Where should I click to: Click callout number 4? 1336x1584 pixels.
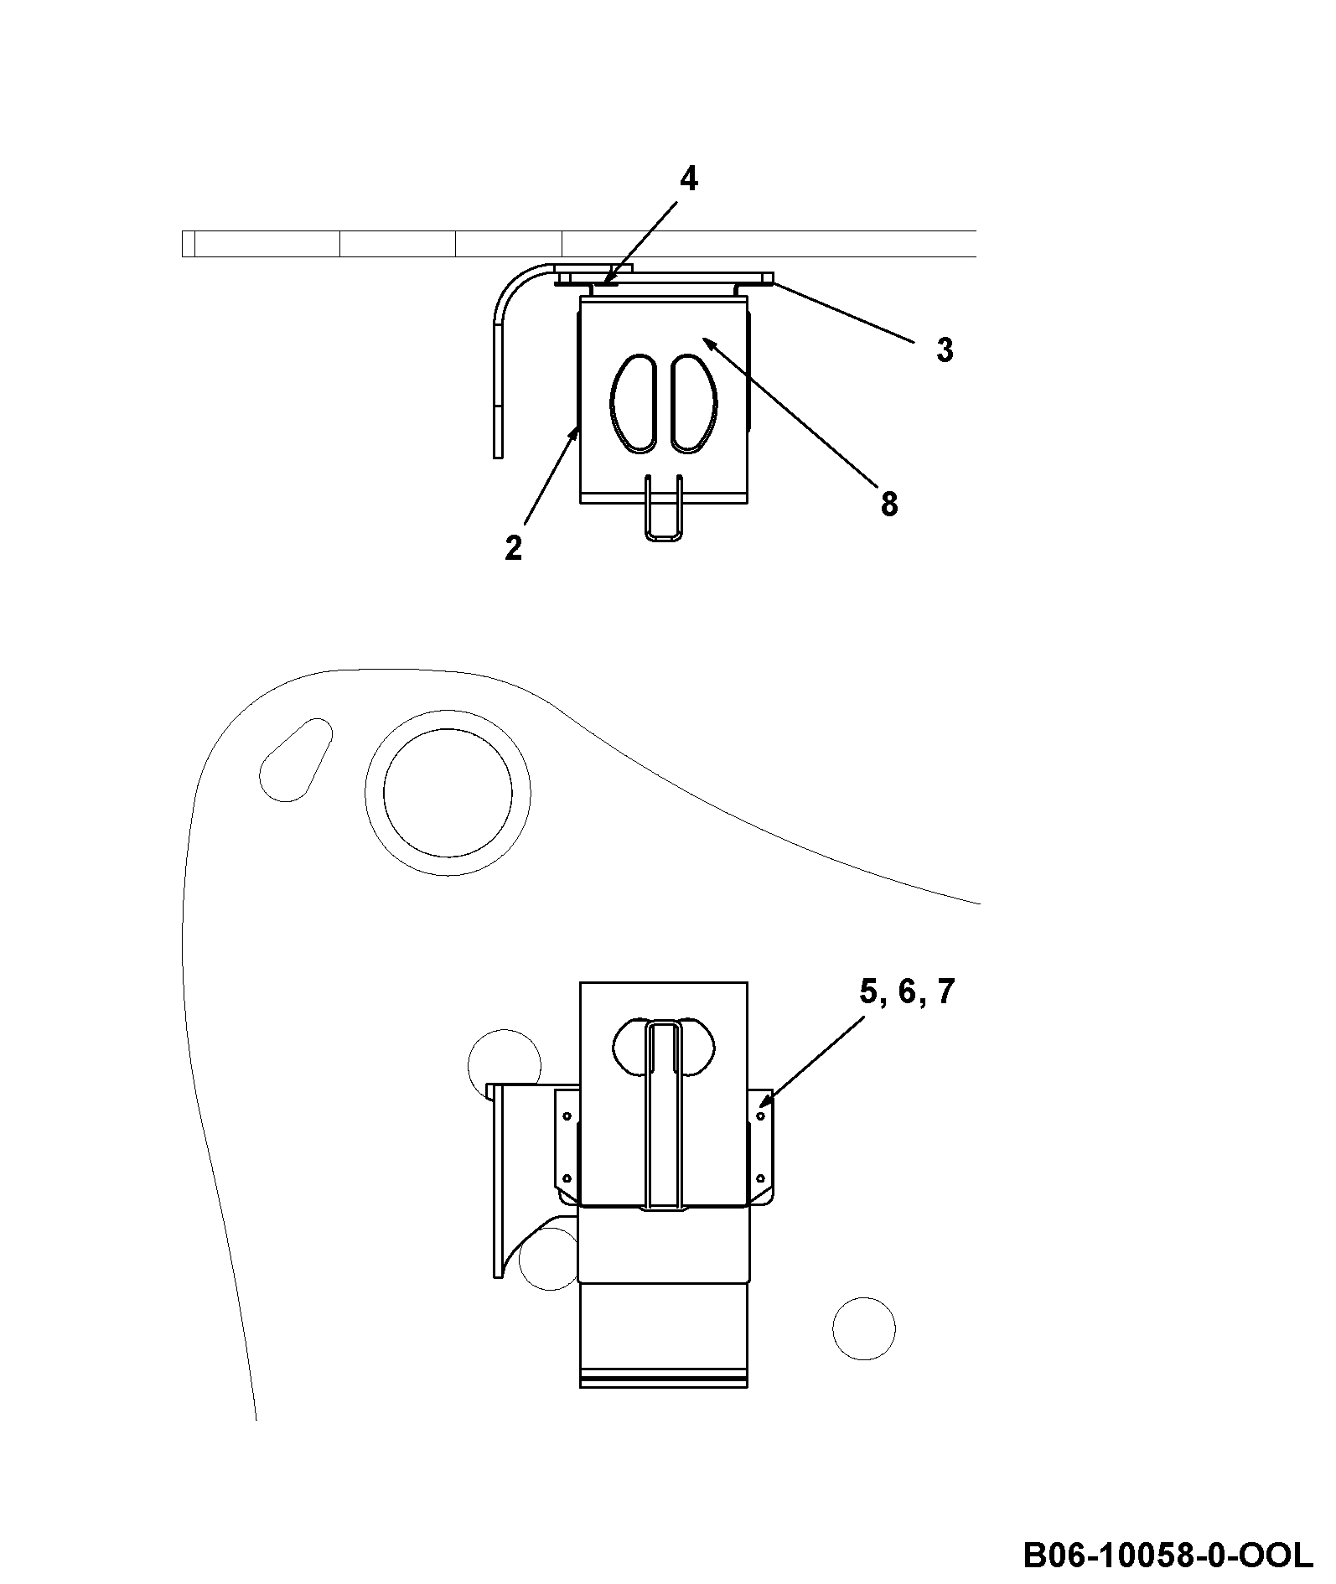tap(688, 179)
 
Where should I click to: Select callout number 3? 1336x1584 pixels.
tap(945, 350)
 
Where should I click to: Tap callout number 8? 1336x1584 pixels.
tap(889, 505)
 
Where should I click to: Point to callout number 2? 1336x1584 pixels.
tap(513, 548)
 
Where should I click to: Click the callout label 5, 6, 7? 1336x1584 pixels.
tap(907, 992)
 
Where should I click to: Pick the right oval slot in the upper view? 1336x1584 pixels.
tap(694, 404)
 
